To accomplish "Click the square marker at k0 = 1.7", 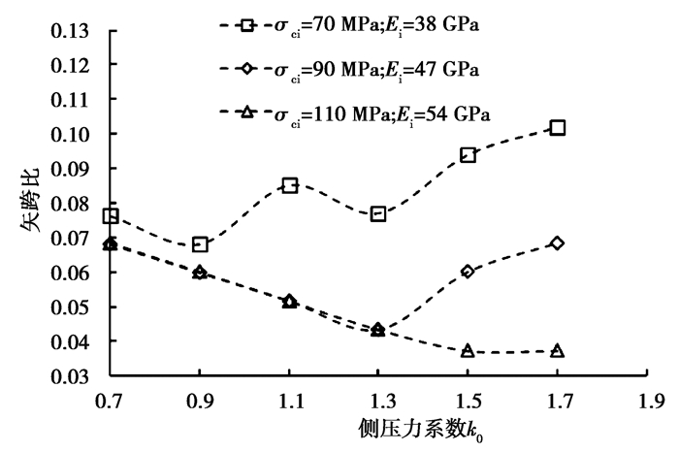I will [557, 128].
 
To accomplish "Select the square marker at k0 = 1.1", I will [289, 185].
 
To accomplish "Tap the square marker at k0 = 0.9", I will [200, 244].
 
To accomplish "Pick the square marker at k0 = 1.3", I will [378, 213].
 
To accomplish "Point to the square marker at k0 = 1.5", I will [468, 155].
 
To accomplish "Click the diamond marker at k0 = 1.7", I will [557, 242].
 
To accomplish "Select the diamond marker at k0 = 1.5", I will [468, 272].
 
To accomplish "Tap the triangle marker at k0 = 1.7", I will [557, 351].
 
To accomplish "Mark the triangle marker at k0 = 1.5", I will [468, 351].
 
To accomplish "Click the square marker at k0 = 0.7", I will [111, 215].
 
